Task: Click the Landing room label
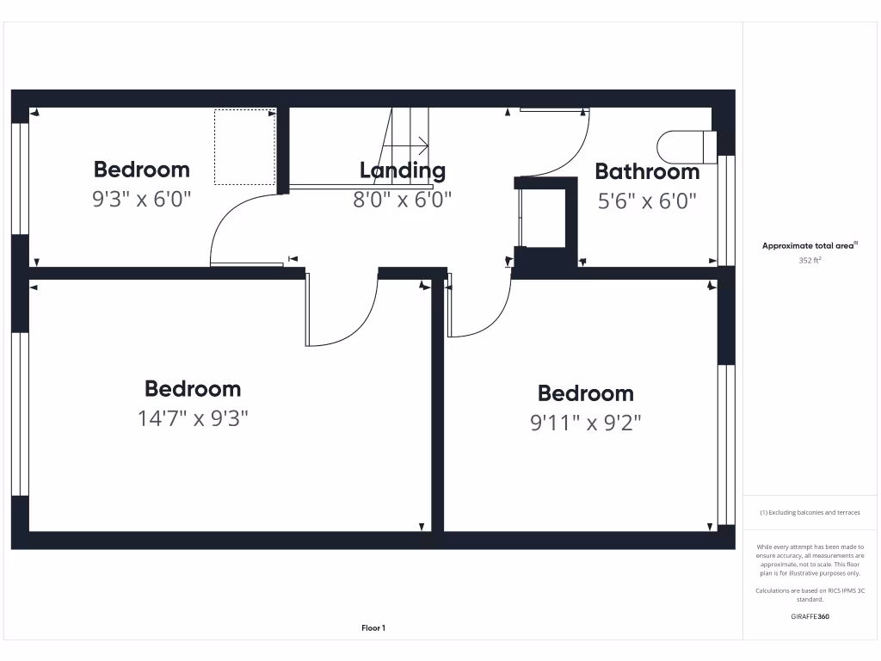pos(403,170)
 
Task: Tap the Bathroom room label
pos(647,171)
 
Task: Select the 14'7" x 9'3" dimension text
pos(193,419)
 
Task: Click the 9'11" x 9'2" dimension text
pos(586,423)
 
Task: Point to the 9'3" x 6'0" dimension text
pos(141,200)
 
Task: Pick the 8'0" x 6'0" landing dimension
pos(402,200)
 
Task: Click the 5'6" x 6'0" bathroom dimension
pos(647,201)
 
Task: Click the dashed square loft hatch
pos(244,146)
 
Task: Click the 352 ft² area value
pos(810,259)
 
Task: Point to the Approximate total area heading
pos(810,245)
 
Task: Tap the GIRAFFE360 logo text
pos(810,616)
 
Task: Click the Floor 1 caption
pos(373,628)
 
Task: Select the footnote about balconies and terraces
pos(810,512)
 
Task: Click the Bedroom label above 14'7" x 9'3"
pos(193,389)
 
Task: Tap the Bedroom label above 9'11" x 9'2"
pos(586,393)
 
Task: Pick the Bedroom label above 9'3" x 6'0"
pos(141,169)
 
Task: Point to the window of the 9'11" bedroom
pos(726,444)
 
